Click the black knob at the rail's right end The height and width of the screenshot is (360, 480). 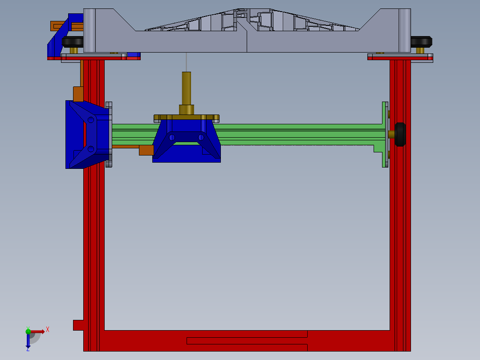coord(400,135)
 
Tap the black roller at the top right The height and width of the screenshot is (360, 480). coord(421,42)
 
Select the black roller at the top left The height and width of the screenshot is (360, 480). coord(73,42)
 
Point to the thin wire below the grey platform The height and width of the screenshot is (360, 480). coord(186,62)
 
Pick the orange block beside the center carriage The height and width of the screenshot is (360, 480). coord(146,150)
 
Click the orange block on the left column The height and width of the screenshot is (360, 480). coord(78,94)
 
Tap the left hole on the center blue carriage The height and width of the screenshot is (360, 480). coord(171,137)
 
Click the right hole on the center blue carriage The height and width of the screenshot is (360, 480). coord(201,137)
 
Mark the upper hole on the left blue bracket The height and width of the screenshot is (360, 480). coord(91,119)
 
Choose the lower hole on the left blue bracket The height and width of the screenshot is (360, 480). coord(91,149)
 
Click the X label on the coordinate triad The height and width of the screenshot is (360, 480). coord(48,329)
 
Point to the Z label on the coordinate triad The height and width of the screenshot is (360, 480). coord(28,349)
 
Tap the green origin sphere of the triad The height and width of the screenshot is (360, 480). coord(28,331)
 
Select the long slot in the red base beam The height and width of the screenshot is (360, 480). coord(247,341)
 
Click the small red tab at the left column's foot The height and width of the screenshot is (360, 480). coord(78,325)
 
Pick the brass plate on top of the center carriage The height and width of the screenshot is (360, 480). coord(186,118)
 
